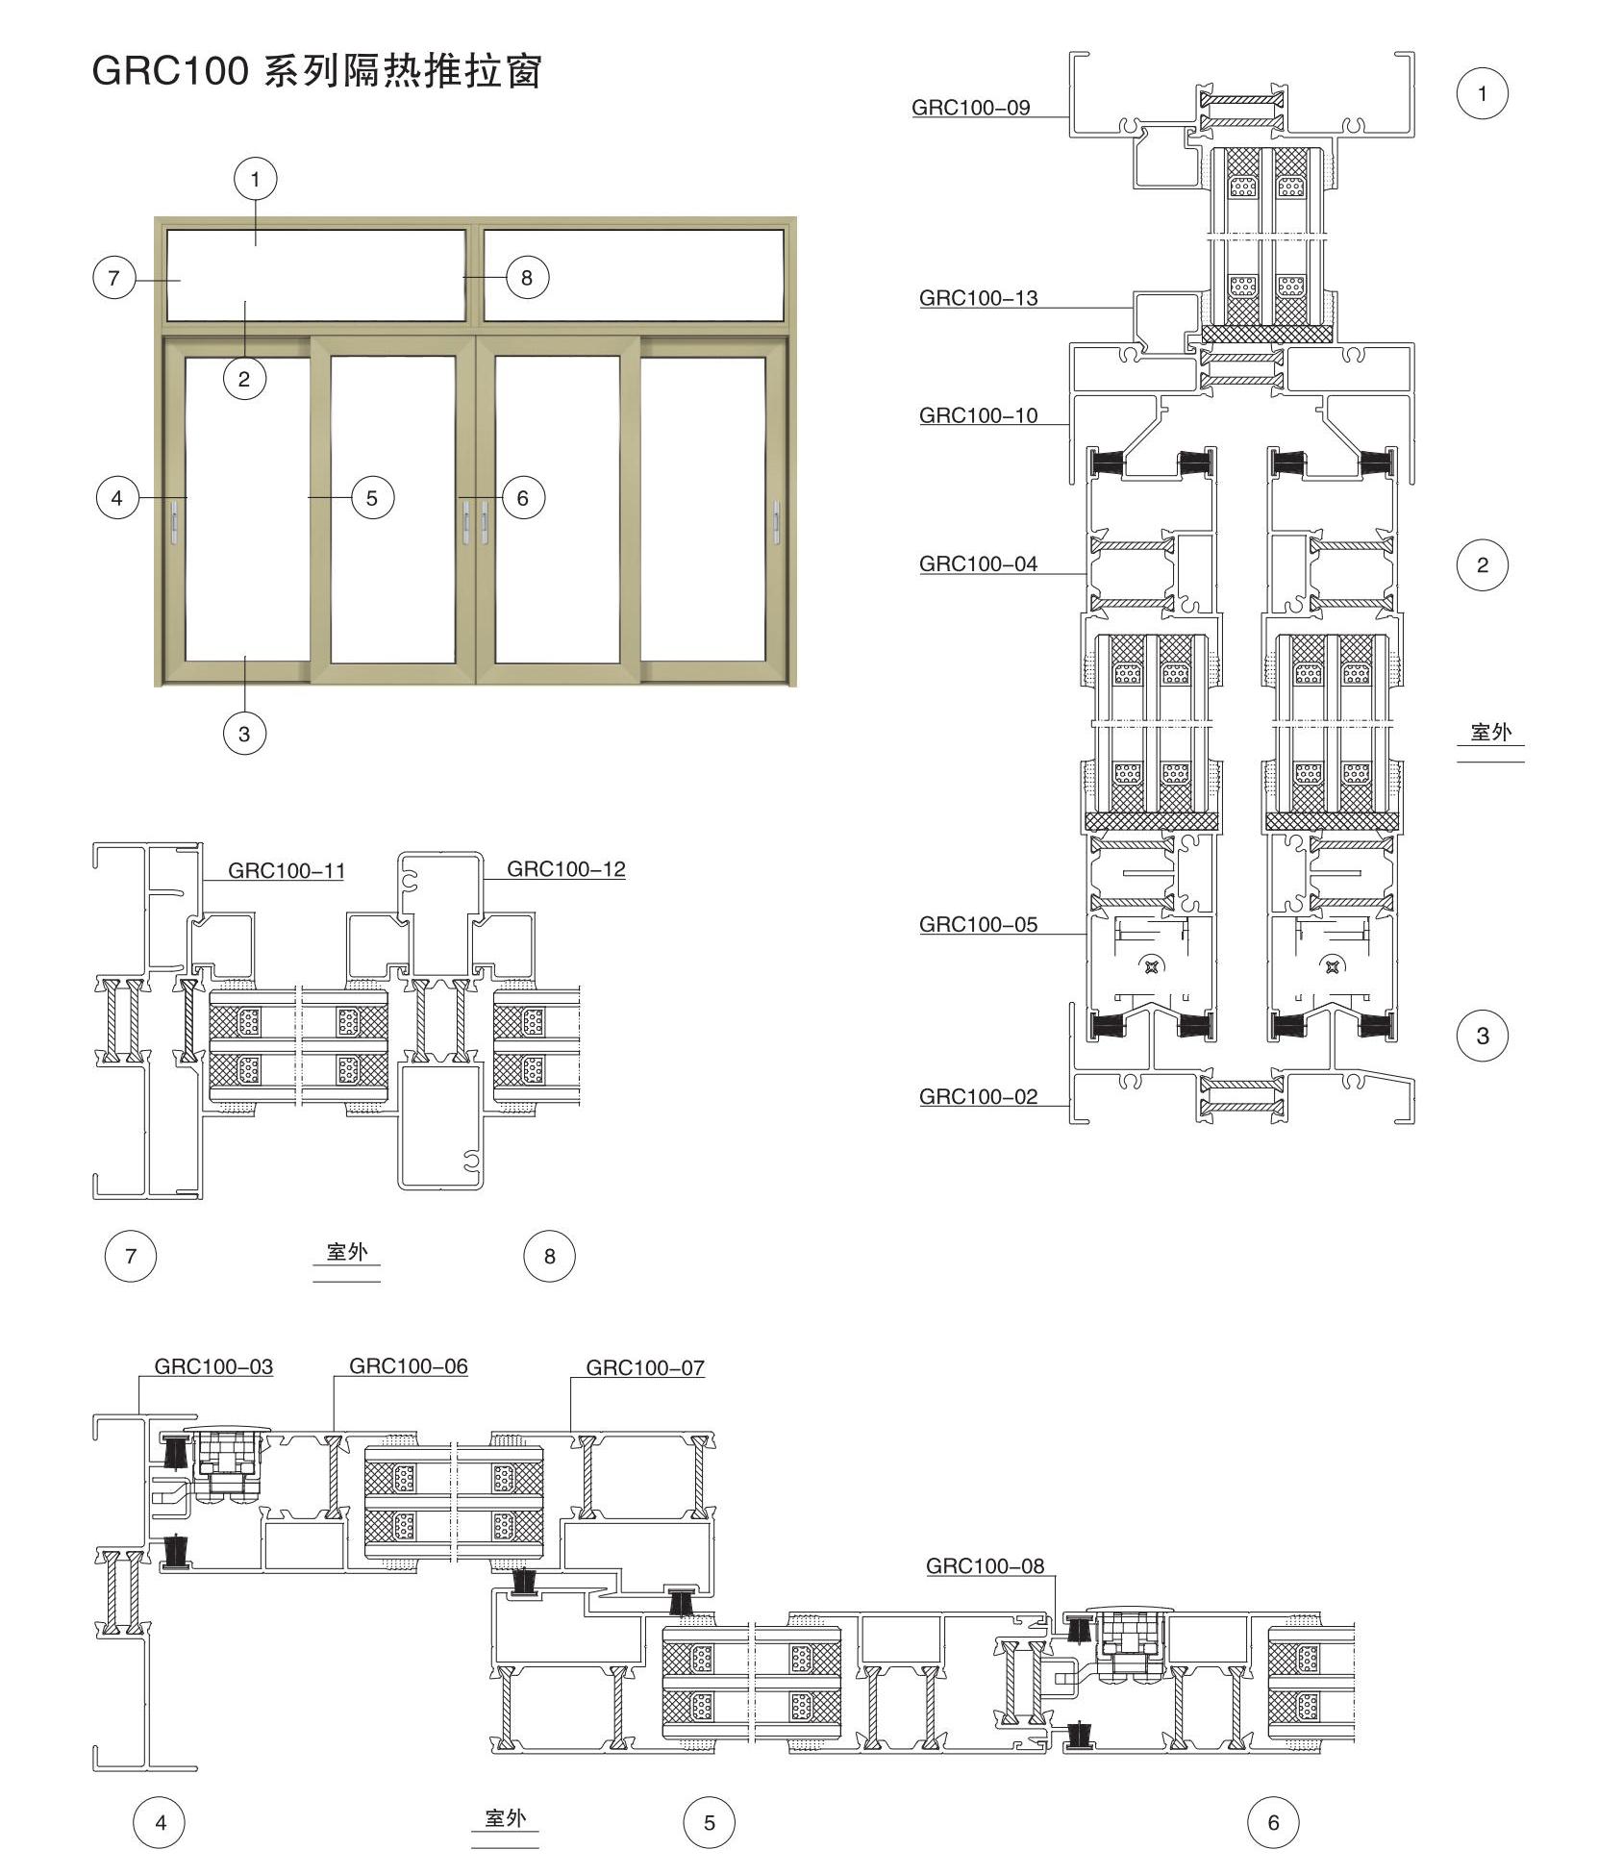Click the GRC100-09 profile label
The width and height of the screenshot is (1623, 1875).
pos(970,108)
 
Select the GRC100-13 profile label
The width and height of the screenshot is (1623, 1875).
pos(978,298)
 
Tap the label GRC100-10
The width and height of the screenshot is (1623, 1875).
pos(978,415)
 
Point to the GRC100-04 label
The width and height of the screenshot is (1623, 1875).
pos(978,564)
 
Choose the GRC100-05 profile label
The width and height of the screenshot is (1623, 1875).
pos(978,925)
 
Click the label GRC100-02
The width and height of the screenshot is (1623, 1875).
pos(978,1097)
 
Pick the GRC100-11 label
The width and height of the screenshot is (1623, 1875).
pos(286,871)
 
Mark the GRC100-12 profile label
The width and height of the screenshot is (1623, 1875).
pos(565,869)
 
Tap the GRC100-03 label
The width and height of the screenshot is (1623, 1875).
pos(213,1366)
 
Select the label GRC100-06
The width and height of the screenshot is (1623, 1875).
pos(408,1366)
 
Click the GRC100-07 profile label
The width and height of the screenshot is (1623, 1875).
pos(645,1367)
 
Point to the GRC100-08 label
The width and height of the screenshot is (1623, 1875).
pos(985,1566)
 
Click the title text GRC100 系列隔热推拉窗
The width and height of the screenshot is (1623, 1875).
pos(317,71)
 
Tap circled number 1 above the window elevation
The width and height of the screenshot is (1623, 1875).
pos(255,179)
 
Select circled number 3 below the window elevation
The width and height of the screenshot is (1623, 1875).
pos(244,734)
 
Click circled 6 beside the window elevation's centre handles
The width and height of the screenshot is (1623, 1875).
pos(523,498)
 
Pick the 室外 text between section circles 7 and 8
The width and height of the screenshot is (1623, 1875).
pos(347,1252)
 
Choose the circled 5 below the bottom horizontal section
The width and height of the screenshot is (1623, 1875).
pos(710,1823)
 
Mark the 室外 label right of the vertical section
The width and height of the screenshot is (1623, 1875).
pos(1491,732)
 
